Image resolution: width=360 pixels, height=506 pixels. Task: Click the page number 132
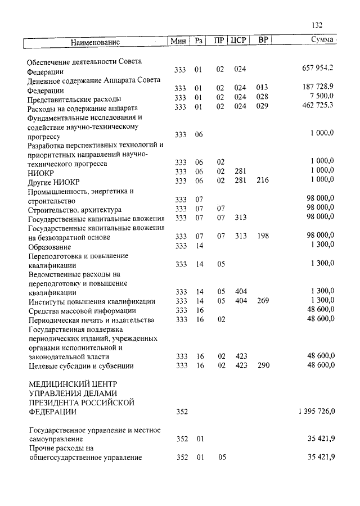coord(316,25)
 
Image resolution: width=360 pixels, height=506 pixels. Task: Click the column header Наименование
coord(96,42)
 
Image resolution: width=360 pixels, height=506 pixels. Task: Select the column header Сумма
coord(323,40)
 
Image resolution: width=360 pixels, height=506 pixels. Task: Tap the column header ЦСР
coord(240,41)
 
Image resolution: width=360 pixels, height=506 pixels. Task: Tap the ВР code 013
coord(262,88)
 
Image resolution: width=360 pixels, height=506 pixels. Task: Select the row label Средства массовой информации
coord(82,310)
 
